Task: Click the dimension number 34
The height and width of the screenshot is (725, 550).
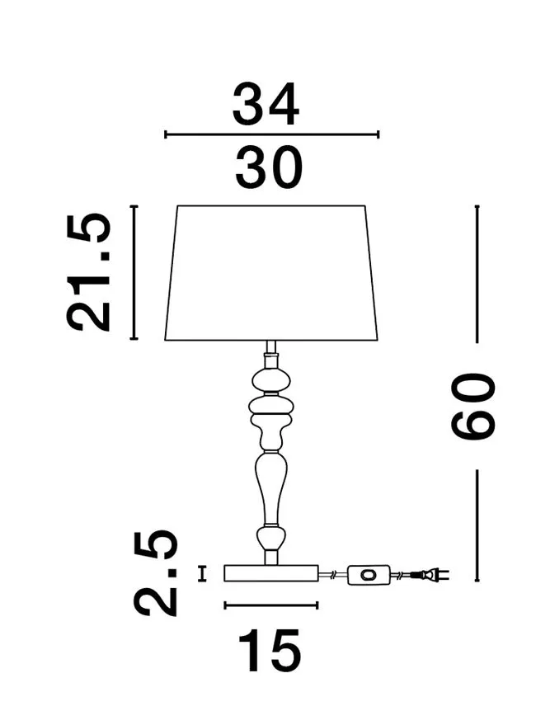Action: pyautogui.click(x=266, y=105)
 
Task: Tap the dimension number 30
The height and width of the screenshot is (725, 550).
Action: pyautogui.click(x=268, y=167)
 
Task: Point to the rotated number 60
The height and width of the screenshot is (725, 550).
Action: pyautogui.click(x=472, y=407)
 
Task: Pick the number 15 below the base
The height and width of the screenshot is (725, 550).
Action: pyautogui.click(x=270, y=650)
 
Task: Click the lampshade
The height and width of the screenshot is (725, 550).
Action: pyautogui.click(x=271, y=273)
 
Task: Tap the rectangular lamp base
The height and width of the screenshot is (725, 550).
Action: pyautogui.click(x=271, y=573)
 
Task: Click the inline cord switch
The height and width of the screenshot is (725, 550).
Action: pyautogui.click(x=369, y=575)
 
